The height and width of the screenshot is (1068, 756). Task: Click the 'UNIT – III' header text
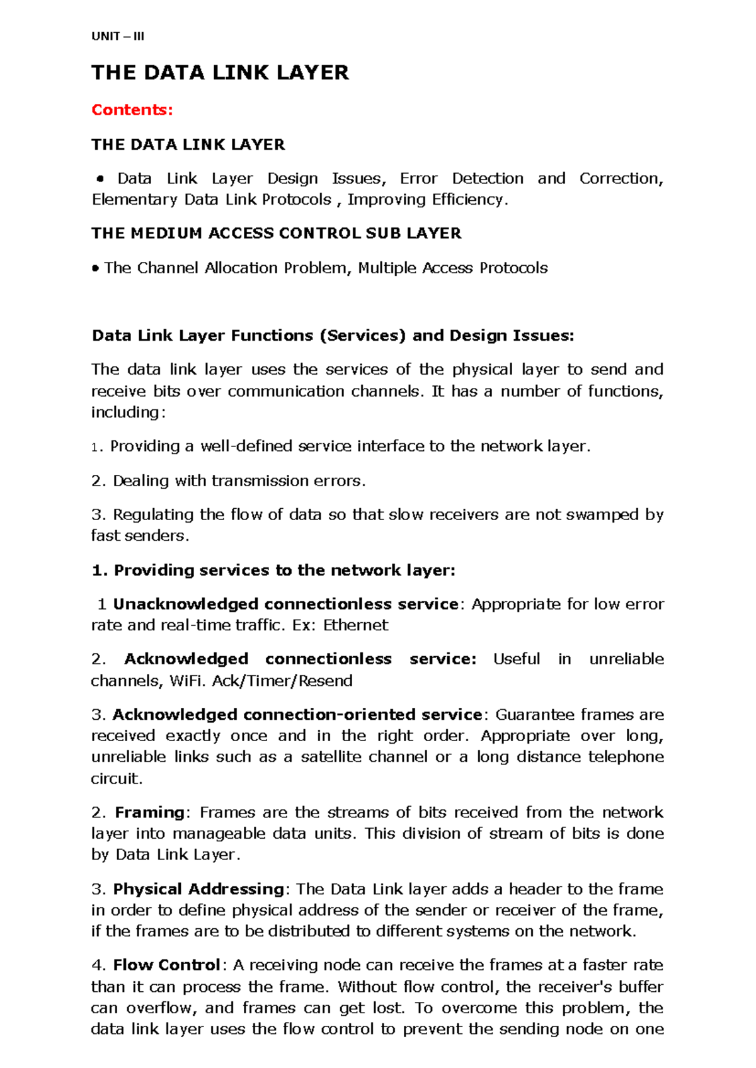(118, 37)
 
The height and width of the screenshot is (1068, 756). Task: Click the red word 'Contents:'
(132, 110)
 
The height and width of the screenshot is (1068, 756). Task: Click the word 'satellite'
(331, 757)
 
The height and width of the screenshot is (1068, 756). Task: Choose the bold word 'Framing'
(149, 812)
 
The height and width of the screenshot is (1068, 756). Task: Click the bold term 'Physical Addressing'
(198, 889)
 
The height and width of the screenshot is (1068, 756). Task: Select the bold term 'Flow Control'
(166, 965)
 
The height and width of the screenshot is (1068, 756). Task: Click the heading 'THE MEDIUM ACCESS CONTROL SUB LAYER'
(276, 234)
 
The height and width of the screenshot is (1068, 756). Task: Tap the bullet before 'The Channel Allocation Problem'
(95, 269)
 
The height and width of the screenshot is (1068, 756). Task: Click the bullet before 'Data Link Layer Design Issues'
(99, 179)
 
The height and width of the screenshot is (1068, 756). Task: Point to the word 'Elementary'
(134, 200)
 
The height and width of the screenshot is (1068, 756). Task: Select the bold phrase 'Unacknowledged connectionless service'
(285, 605)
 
